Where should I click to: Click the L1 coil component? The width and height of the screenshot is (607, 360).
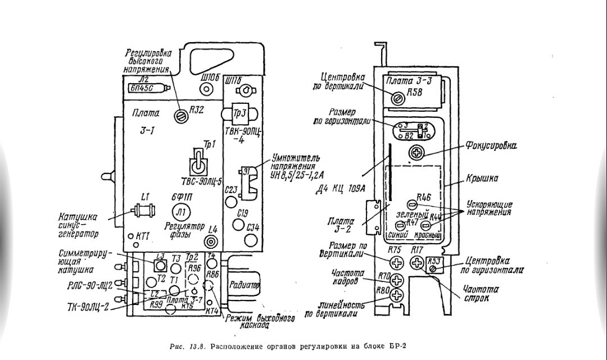145,211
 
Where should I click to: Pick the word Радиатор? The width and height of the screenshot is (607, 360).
243,285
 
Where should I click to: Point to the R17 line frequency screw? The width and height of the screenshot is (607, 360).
416,262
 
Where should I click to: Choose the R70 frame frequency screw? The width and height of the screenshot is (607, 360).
398,280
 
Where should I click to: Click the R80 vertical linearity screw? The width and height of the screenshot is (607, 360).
398,295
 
